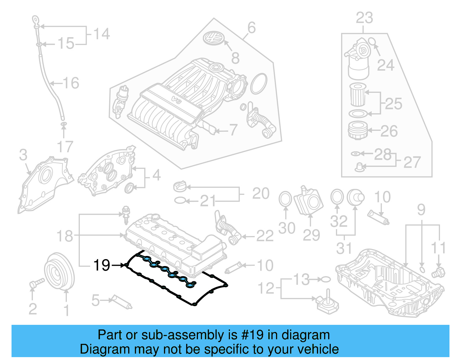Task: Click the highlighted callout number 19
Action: [102, 265]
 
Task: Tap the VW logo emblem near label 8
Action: [214, 38]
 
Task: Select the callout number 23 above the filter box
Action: [364, 18]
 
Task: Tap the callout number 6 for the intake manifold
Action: [251, 28]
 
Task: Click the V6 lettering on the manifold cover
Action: [175, 99]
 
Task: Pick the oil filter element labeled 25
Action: [358, 95]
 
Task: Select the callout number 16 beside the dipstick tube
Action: [71, 83]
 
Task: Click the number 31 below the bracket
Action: [344, 248]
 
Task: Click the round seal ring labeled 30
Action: [285, 199]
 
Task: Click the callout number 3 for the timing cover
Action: [23, 155]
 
